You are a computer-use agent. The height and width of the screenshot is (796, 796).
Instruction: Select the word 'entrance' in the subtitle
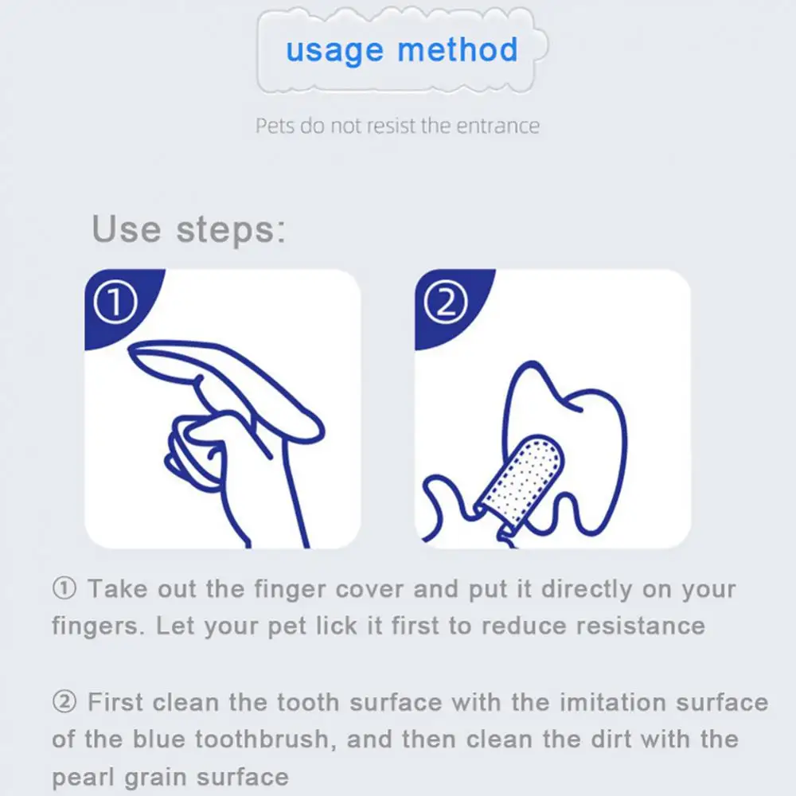point(497,126)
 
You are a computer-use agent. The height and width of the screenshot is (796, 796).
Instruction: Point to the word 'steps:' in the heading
point(231,230)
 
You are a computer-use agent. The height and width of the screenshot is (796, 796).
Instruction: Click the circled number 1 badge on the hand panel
point(116,304)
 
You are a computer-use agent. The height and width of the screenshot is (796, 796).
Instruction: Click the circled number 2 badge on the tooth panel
point(447,304)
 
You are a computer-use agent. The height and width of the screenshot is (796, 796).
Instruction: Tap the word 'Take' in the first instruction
point(117,590)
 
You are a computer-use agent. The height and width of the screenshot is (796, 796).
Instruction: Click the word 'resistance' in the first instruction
point(641,626)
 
